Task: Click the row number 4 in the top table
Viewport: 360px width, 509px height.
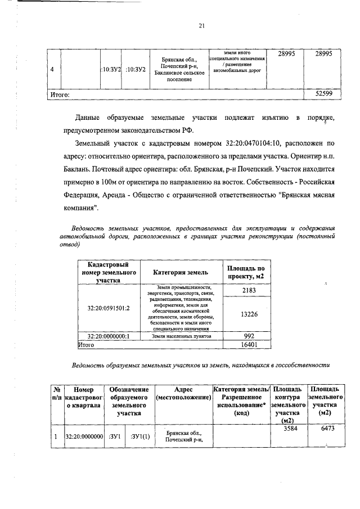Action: pyautogui.click(x=52, y=69)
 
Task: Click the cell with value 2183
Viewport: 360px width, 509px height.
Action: pyautogui.click(x=245, y=290)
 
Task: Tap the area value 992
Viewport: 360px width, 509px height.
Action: pyautogui.click(x=245, y=336)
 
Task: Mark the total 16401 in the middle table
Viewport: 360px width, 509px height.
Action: pyautogui.click(x=245, y=344)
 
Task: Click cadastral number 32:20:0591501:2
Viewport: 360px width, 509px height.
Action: pyautogui.click(x=108, y=308)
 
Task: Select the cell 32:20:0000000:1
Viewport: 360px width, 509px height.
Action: pyautogui.click(x=108, y=336)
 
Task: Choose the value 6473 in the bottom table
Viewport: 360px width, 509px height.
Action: pyautogui.click(x=323, y=429)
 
